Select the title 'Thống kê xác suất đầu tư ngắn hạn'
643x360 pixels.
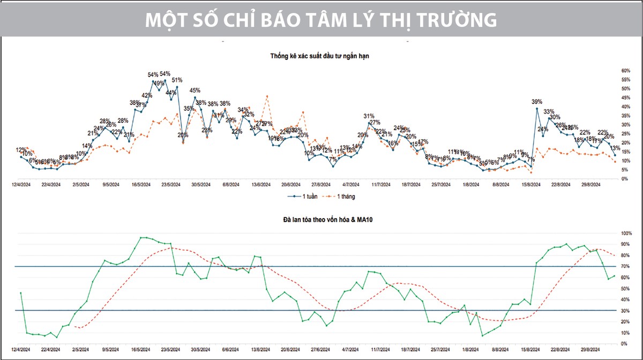(x=321, y=55)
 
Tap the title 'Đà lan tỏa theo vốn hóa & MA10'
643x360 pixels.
(x=321, y=220)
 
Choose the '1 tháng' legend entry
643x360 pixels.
(x=339, y=197)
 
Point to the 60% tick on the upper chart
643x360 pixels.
(x=625, y=71)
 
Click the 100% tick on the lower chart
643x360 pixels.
(x=626, y=234)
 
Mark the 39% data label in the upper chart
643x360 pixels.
(x=537, y=102)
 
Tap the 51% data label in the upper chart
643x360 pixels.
(x=177, y=80)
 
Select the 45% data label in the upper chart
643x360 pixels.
(x=195, y=91)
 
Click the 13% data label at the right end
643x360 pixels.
(x=615, y=148)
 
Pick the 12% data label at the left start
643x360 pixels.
(x=21, y=150)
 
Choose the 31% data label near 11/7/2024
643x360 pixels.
(x=369, y=116)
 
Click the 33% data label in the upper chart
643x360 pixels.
(x=549, y=112)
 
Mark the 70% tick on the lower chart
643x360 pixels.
(x=625, y=267)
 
